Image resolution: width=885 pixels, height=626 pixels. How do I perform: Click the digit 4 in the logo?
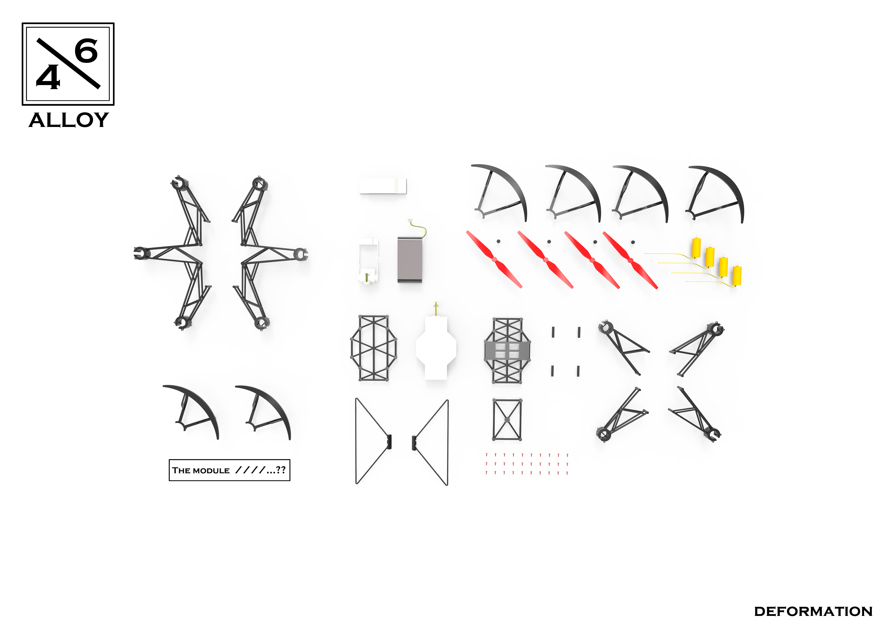point(48,77)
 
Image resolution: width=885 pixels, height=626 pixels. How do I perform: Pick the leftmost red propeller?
point(494,259)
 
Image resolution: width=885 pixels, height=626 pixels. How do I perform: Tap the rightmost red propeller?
point(630,260)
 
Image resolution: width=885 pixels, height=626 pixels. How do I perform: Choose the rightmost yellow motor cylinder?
point(737,275)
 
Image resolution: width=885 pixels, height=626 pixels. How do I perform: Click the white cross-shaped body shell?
point(436,347)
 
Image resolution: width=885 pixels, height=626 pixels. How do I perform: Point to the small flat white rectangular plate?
point(383,186)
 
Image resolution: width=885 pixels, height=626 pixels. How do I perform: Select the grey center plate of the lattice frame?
point(507,350)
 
